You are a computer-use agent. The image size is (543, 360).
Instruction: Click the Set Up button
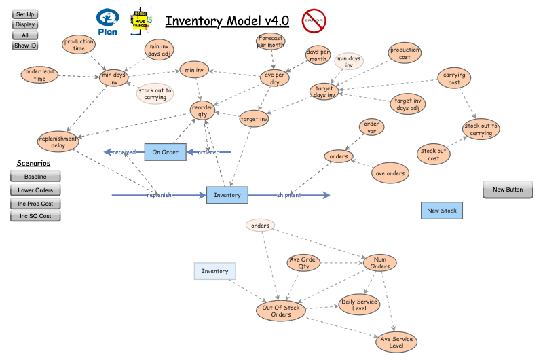click(x=25, y=14)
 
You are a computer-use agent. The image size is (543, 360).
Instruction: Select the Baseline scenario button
click(x=35, y=177)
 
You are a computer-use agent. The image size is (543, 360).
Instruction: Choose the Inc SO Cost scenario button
click(x=35, y=216)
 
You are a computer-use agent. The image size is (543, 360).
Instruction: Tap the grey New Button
click(x=508, y=190)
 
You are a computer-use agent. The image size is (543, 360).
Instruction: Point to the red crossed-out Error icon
click(x=314, y=21)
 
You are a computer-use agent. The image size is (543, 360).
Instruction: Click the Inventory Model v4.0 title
click(x=227, y=22)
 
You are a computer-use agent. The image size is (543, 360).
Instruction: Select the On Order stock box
click(x=165, y=152)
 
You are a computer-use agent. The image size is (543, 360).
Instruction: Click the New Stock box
click(x=441, y=211)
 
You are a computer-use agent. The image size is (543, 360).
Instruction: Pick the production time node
click(x=79, y=45)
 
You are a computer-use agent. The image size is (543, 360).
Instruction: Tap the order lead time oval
click(x=39, y=75)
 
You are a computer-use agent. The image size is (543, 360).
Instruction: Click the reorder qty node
click(x=202, y=111)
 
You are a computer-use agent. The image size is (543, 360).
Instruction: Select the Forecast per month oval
click(x=271, y=41)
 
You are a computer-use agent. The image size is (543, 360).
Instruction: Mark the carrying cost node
click(x=454, y=78)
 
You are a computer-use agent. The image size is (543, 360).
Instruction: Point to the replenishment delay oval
click(x=58, y=141)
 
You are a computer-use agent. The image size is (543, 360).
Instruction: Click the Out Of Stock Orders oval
click(x=281, y=310)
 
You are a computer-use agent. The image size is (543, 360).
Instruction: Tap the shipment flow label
click(x=288, y=196)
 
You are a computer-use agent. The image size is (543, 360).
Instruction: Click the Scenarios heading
click(x=33, y=163)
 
